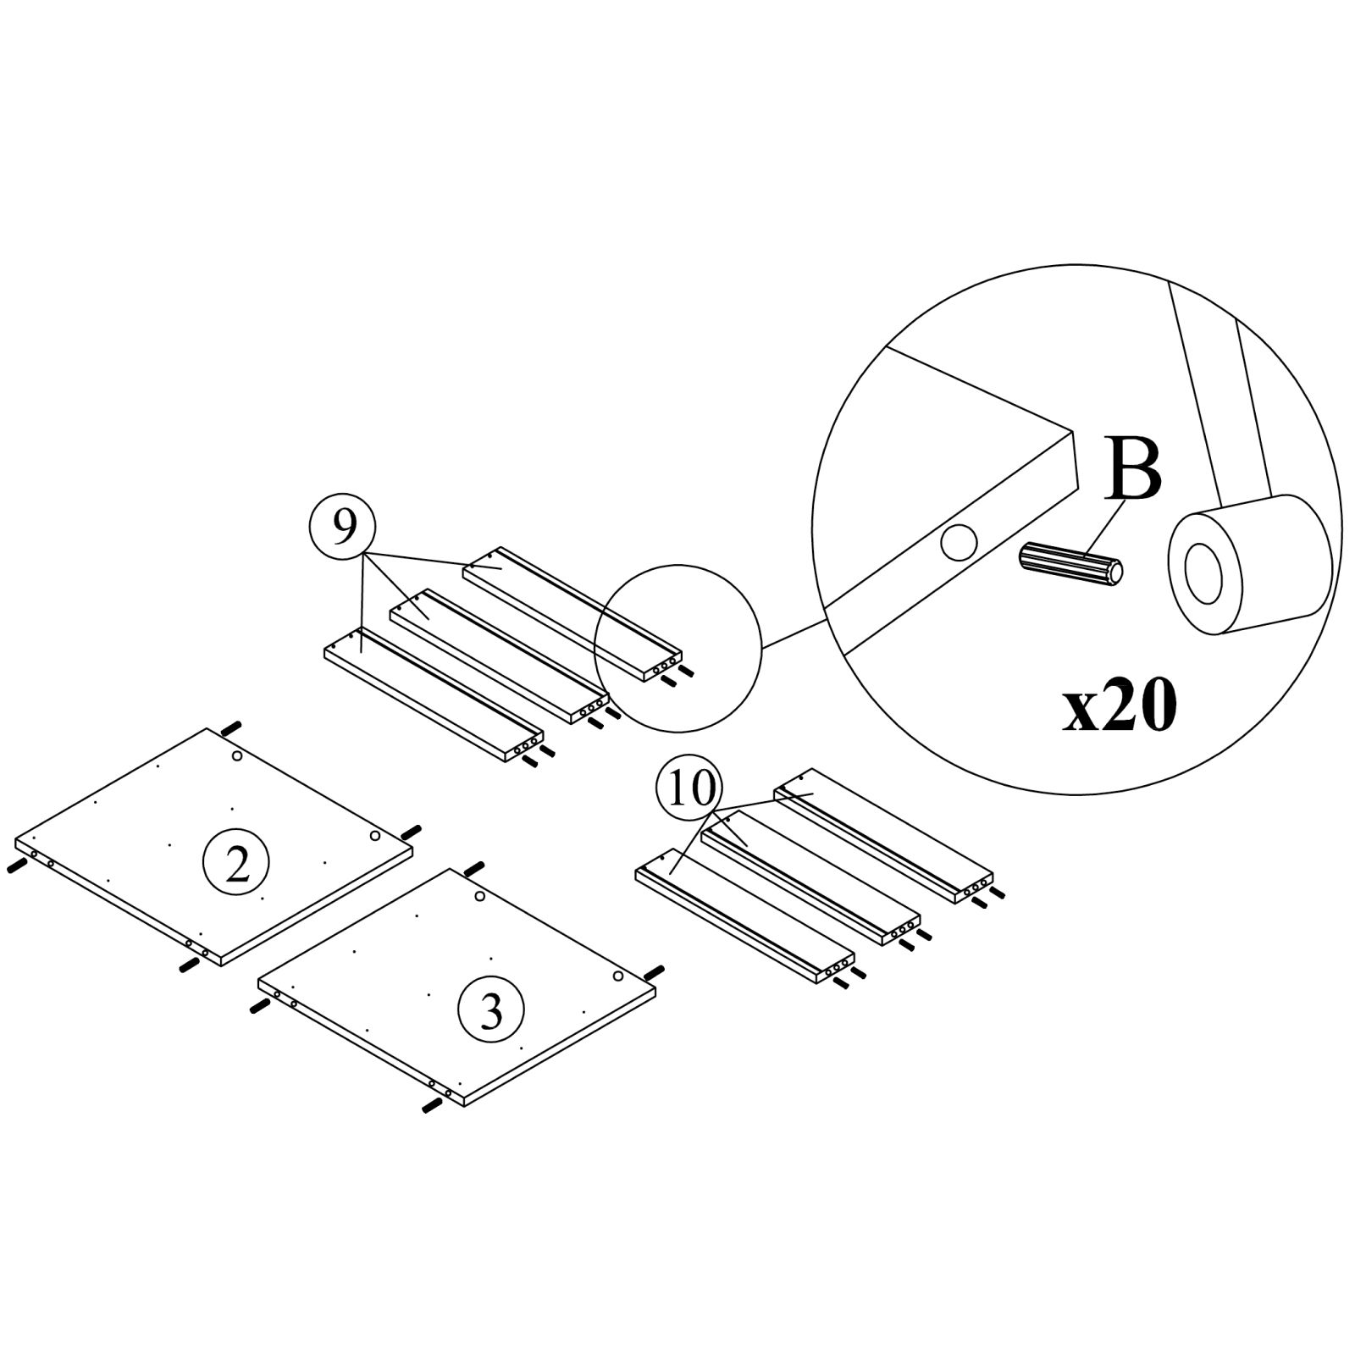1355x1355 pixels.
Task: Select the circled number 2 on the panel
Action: [236, 864]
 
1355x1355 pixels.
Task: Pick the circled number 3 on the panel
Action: [490, 1009]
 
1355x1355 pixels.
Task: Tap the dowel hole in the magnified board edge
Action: [959, 542]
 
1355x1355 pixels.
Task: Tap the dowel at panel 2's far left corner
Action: [16, 866]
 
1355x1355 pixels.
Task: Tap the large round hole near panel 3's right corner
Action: [618, 977]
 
